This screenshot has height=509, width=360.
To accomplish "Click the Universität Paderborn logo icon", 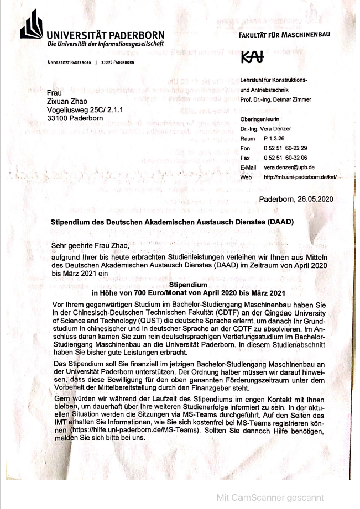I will (31, 26).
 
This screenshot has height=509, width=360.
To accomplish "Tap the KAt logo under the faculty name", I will (253, 57).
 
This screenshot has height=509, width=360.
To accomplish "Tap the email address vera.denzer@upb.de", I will (289, 167).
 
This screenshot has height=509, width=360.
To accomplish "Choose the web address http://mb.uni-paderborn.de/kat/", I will (300, 176).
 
